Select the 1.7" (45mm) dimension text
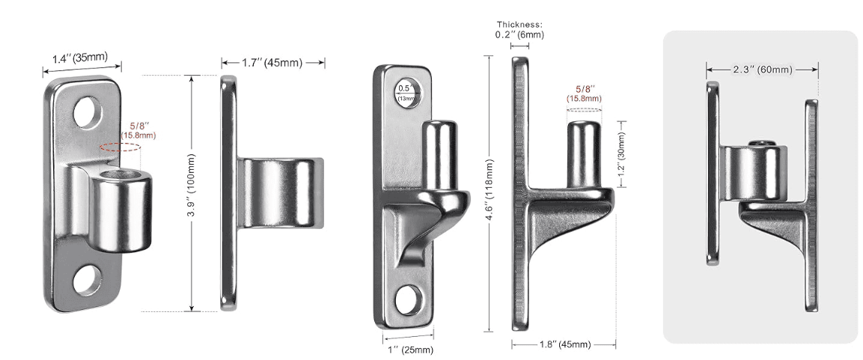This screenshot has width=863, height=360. [x=272, y=63]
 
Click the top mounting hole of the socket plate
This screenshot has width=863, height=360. [x=88, y=111]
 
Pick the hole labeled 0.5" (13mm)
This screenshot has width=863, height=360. [x=408, y=93]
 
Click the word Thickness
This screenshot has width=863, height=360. [x=519, y=23]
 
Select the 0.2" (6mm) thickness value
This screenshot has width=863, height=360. [x=519, y=34]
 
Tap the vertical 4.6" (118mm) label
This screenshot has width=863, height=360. [x=489, y=192]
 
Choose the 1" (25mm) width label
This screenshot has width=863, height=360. [x=408, y=349]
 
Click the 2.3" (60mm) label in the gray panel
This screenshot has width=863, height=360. [x=762, y=70]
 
